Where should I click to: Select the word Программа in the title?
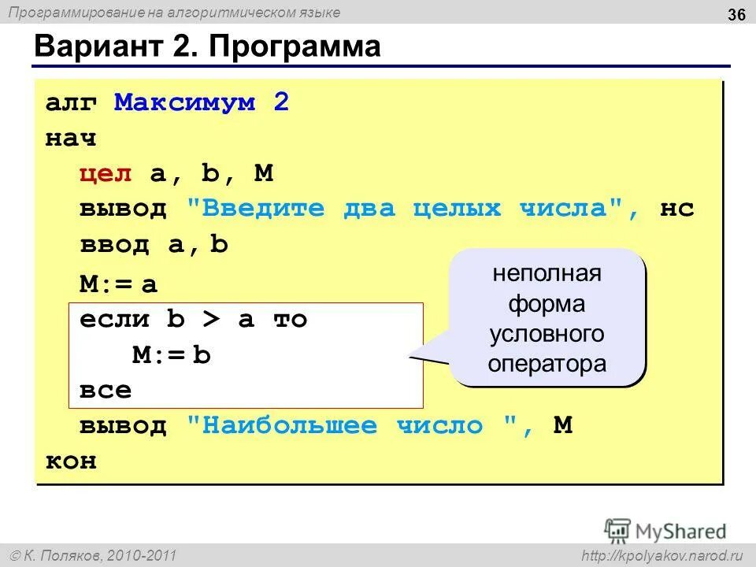click(295, 47)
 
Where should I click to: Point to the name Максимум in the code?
click(185, 103)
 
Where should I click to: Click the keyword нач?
click(71, 139)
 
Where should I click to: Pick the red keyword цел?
click(106, 174)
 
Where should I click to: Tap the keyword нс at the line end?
click(677, 209)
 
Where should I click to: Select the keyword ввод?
click(114, 245)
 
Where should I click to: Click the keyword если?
click(114, 320)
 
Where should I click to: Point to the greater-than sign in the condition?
click(211, 320)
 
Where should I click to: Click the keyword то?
click(290, 320)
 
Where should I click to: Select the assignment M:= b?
click(172, 356)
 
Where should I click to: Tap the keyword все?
click(106, 391)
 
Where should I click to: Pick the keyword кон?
click(71, 461)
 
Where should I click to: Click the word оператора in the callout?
click(547, 365)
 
